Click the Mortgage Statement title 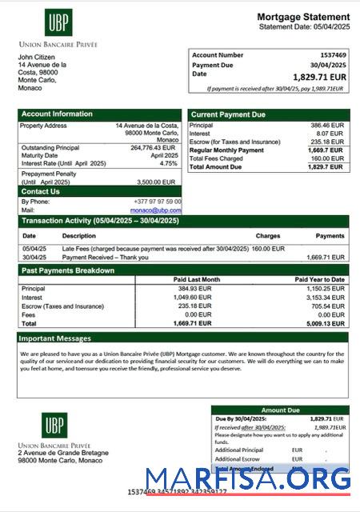click(303, 17)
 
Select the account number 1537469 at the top click(333, 55)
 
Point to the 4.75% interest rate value click(169, 163)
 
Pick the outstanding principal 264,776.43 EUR click(153, 148)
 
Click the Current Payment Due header click(228, 115)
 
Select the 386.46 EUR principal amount click(327, 126)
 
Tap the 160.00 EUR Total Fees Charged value click(327, 158)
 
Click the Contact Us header click(40, 192)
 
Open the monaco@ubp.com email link click(158, 210)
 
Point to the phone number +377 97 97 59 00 click(157, 202)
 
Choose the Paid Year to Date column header click(319, 279)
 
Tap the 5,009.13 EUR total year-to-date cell click(326, 324)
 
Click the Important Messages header click(56, 338)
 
